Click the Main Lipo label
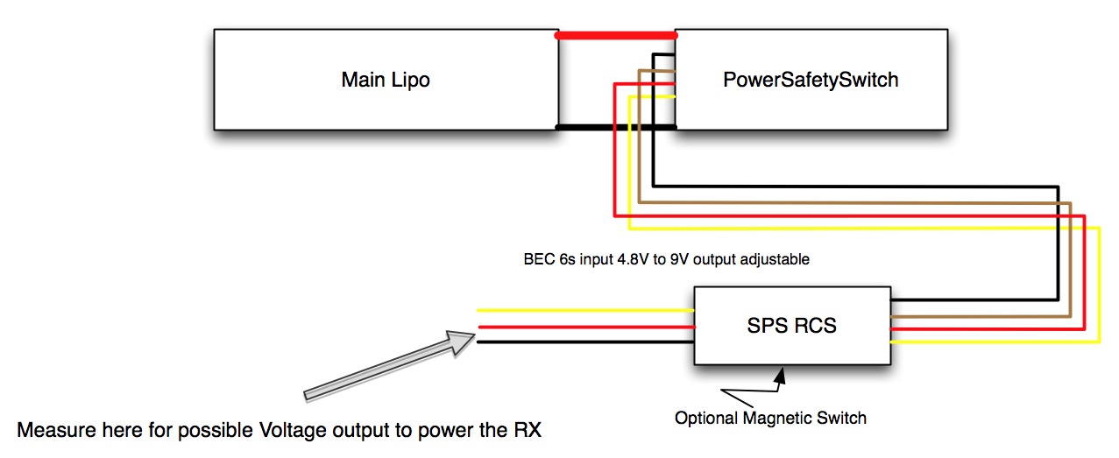click(386, 81)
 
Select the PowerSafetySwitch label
click(811, 81)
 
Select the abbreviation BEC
click(535, 260)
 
